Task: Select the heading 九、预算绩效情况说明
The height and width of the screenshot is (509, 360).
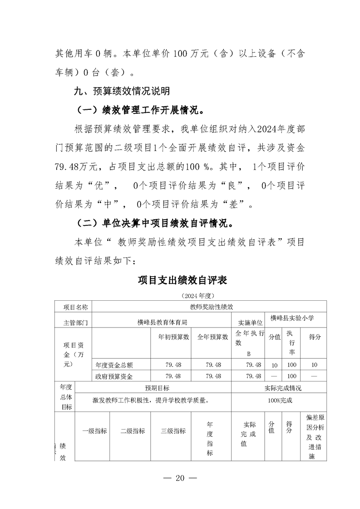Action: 122,91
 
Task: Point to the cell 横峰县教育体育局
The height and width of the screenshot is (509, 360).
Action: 162,322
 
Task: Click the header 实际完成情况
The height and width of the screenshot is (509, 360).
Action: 282,388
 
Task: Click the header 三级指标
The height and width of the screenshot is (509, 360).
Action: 173,431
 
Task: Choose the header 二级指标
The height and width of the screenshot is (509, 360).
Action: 133,431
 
